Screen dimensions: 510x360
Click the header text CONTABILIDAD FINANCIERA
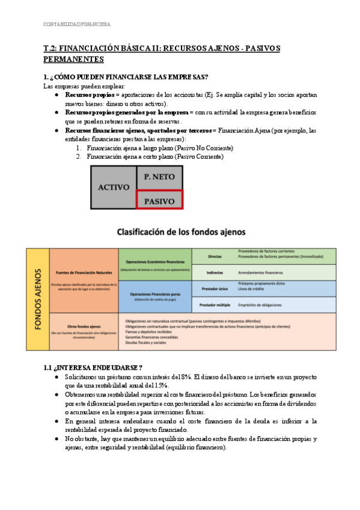77,25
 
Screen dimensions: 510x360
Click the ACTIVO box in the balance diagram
113,187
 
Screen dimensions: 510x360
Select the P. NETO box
159,177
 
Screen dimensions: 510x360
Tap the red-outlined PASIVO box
159,200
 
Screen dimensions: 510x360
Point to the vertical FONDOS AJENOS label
37,299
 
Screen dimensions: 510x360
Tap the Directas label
215,256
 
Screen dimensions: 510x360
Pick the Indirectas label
215,272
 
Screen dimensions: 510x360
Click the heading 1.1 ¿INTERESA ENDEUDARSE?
93,367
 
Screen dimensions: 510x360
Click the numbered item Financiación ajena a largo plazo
159,148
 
